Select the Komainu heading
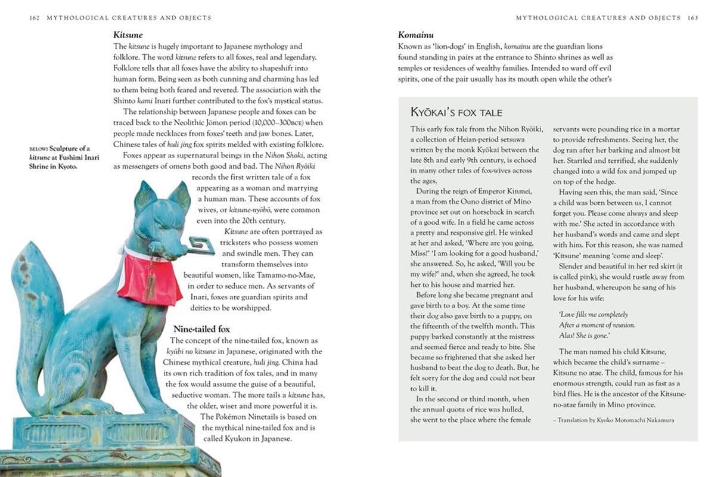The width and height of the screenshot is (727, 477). click(x=415, y=35)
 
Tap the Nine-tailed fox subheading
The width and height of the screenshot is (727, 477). click(x=201, y=329)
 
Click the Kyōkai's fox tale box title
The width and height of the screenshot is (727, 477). click(x=456, y=112)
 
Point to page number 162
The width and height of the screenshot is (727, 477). click(x=34, y=18)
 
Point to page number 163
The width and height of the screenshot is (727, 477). click(x=692, y=18)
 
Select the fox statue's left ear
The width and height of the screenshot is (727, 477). click(x=143, y=194)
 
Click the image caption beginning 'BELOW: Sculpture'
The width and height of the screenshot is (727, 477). click(x=64, y=157)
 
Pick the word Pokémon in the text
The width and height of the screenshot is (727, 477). click(x=234, y=416)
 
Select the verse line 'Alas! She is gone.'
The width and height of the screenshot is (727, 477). click(x=585, y=336)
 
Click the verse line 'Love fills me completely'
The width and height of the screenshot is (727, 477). click(x=594, y=314)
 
